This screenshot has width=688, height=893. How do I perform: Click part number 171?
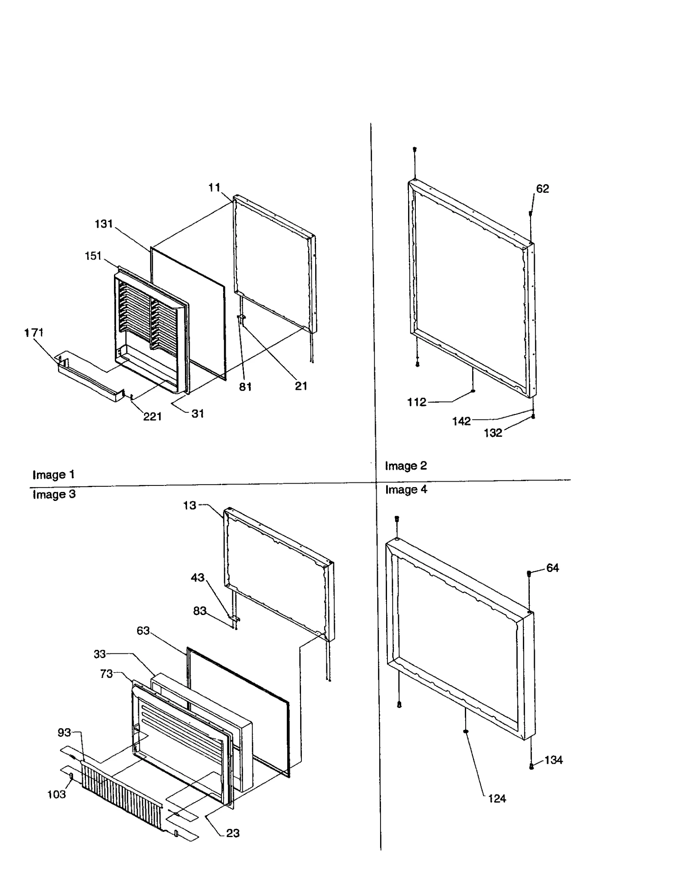click(34, 332)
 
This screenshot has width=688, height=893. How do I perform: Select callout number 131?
click(104, 224)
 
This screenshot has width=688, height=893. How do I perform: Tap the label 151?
click(93, 256)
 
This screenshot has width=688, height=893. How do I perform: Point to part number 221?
click(152, 416)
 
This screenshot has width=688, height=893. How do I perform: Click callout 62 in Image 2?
click(542, 188)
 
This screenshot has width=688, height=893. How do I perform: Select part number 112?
click(416, 402)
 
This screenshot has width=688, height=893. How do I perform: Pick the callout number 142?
click(461, 421)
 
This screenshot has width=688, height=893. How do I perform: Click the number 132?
click(493, 433)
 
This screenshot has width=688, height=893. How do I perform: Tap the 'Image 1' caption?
click(53, 475)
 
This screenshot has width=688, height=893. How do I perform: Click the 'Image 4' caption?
click(406, 489)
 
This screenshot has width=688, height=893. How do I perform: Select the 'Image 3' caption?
click(54, 494)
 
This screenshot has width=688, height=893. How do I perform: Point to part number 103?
click(56, 794)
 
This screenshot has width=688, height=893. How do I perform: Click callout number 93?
click(64, 732)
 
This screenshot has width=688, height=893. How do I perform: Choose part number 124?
click(497, 799)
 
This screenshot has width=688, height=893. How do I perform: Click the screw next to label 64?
click(529, 573)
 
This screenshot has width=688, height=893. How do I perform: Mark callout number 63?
click(143, 630)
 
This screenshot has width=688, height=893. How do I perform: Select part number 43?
click(197, 577)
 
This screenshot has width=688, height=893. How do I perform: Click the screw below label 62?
click(531, 213)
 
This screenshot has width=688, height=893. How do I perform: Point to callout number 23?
click(233, 833)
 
